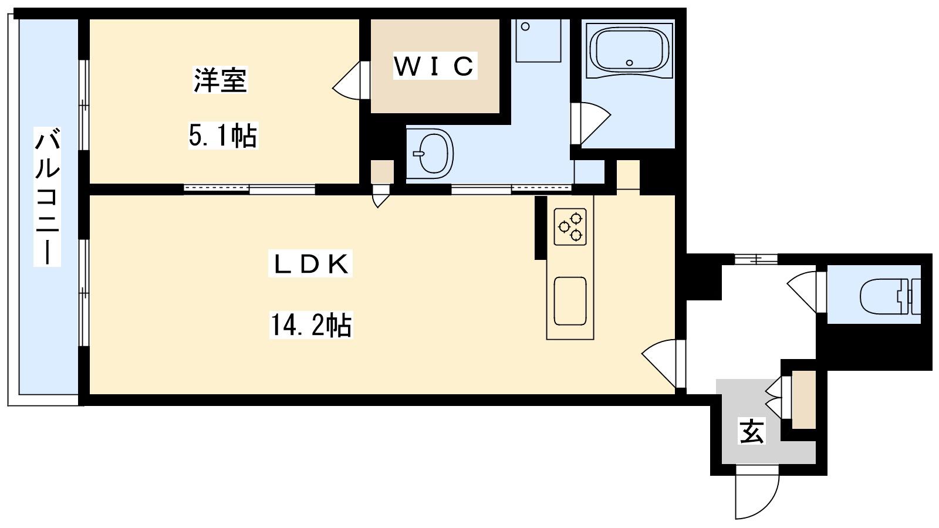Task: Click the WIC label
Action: (435, 66)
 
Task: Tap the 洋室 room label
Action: (220, 80)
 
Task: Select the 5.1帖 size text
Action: (222, 135)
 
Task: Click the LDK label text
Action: (310, 264)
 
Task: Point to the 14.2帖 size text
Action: (310, 324)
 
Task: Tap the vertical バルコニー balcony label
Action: (48, 197)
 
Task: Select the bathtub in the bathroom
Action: (629, 50)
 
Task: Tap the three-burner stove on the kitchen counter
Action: (570, 226)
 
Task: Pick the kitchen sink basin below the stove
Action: (570, 301)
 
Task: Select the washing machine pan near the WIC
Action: (538, 40)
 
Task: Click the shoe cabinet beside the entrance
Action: (804, 400)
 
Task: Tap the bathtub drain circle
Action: (629, 63)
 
